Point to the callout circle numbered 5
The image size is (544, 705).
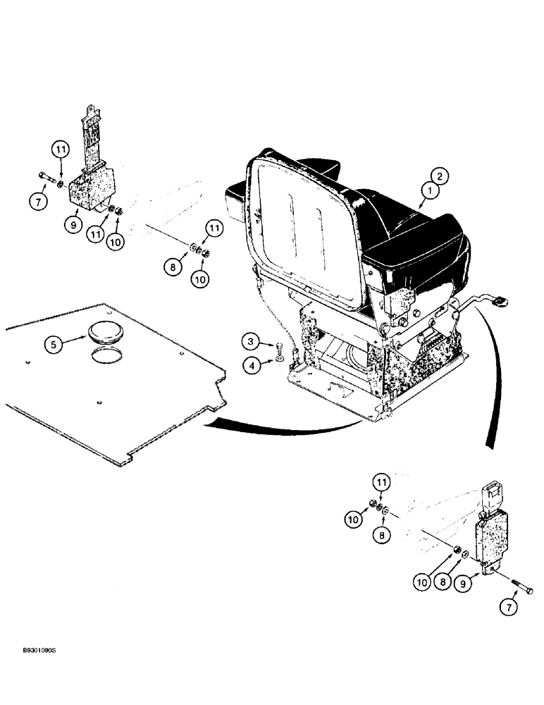pyautogui.click(x=54, y=345)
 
